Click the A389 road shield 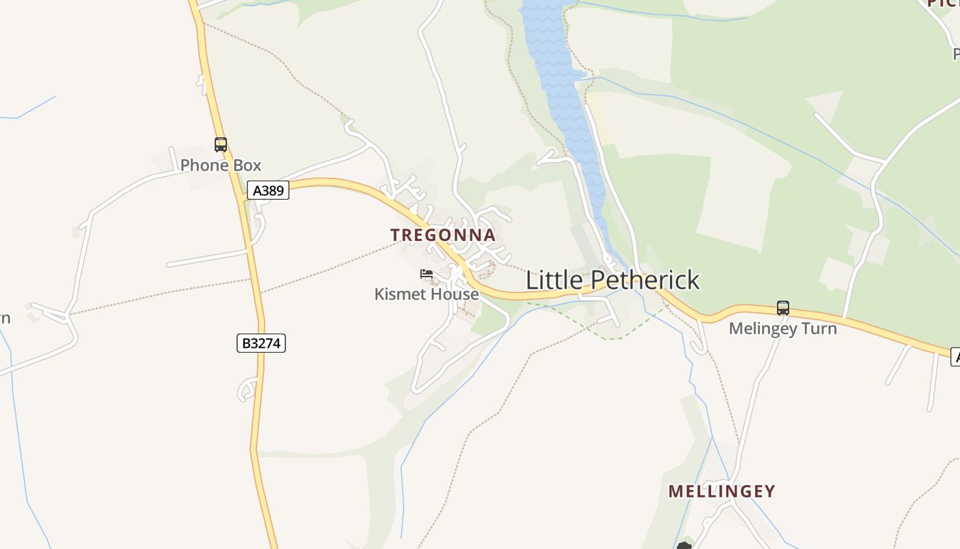[268, 191]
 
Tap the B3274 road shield [261, 343]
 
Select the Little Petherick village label [612, 280]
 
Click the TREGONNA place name [443, 235]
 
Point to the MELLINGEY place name [721, 491]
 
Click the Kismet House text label [427, 294]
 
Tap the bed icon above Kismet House [427, 274]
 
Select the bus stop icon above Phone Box [221, 145]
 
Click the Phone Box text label [221, 165]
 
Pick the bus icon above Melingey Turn [783, 308]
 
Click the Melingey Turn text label [782, 329]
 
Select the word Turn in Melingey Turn [820, 329]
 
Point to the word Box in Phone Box [247, 165]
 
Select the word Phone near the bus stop [204, 165]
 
